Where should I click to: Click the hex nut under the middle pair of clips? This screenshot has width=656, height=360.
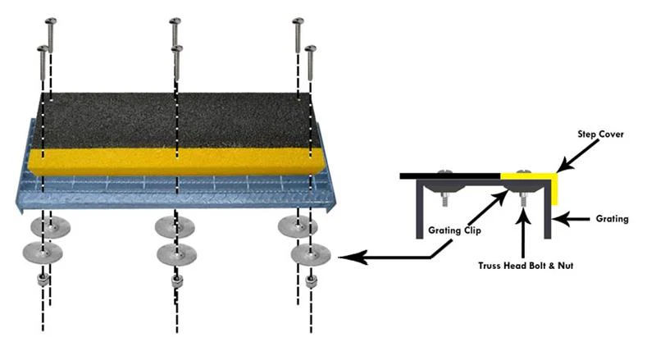tap(175, 282)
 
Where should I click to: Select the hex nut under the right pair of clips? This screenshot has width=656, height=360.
tap(311, 280)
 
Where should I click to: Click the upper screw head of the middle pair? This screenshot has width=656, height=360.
tap(174, 22)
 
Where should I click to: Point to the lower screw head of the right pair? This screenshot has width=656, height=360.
tap(310, 52)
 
